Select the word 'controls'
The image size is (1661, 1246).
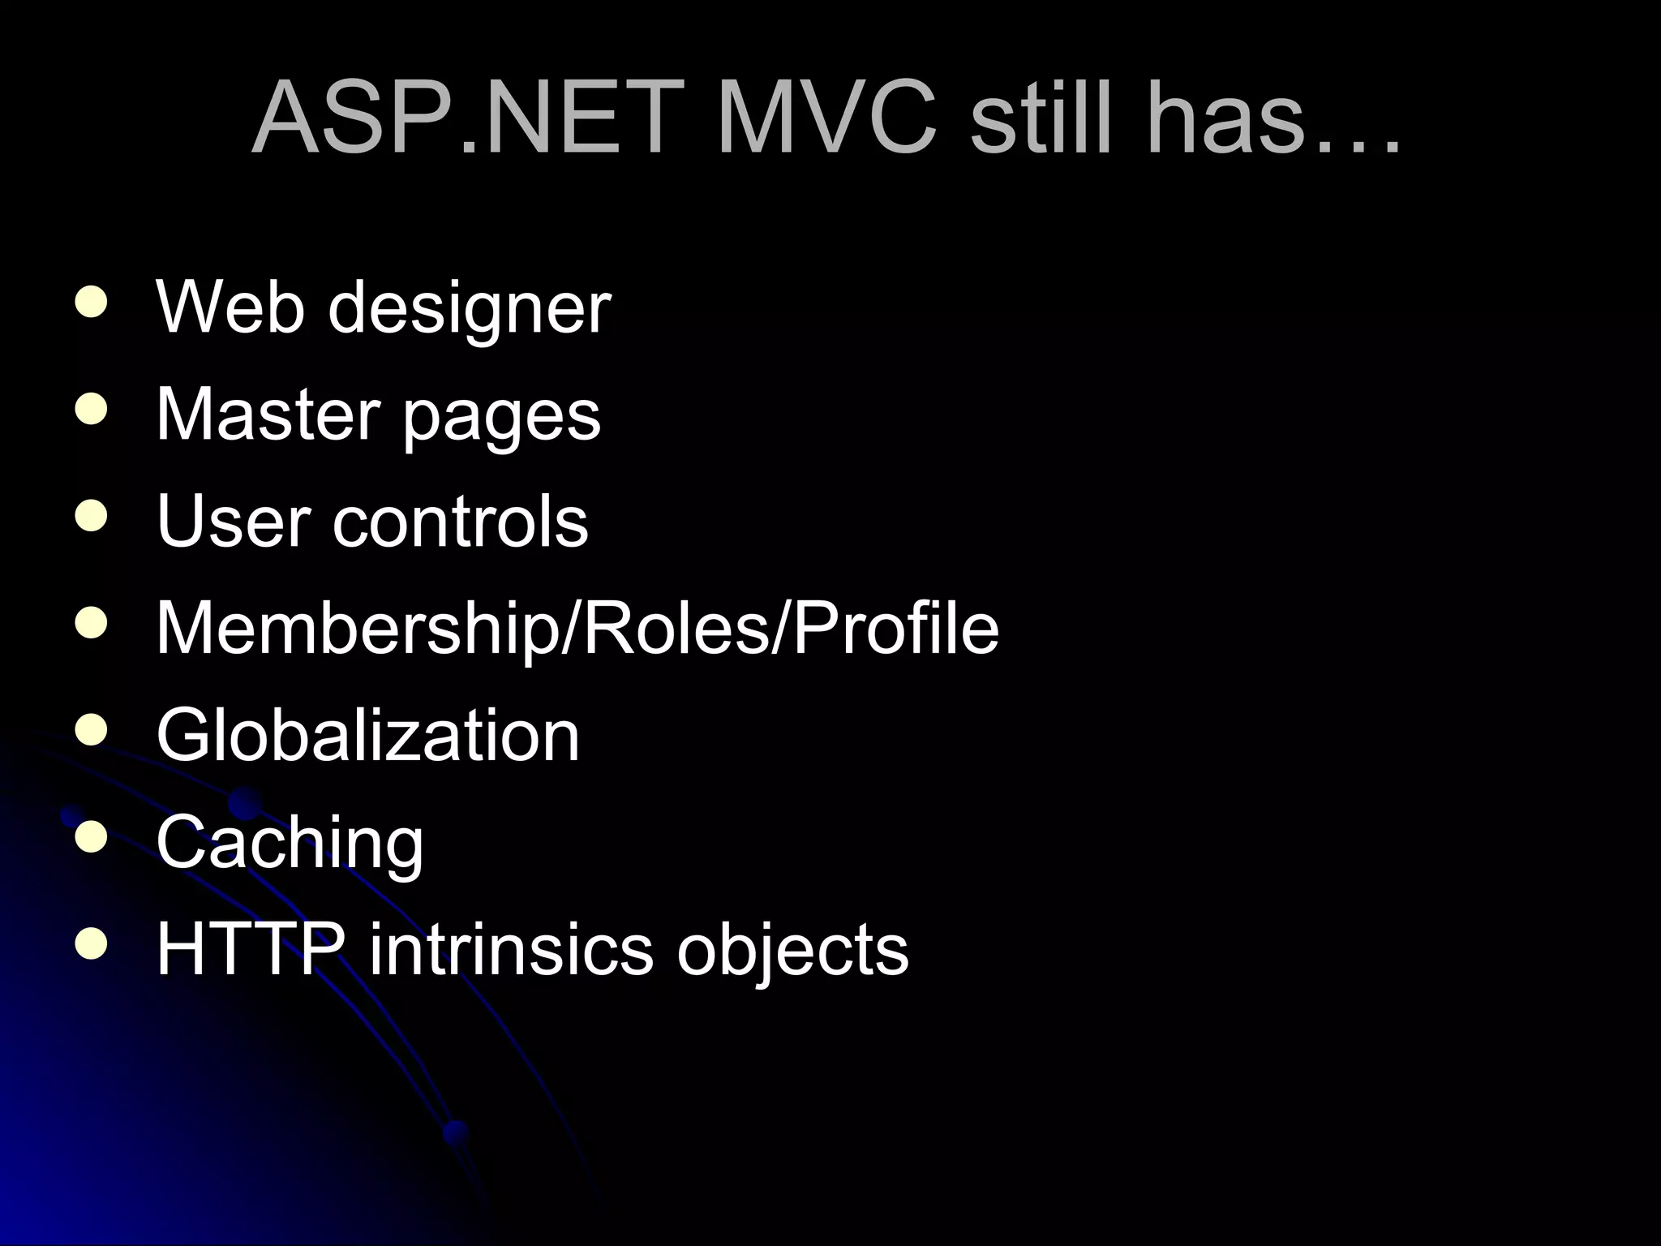point(460,521)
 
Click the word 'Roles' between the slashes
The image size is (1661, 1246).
point(676,628)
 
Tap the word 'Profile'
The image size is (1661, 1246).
point(895,628)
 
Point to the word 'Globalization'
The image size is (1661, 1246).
point(367,735)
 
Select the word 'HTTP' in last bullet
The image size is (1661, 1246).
point(250,948)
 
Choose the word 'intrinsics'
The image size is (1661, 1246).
point(511,948)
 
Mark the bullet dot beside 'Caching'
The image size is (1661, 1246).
point(90,836)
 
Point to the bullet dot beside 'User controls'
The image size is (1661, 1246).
point(90,517)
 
